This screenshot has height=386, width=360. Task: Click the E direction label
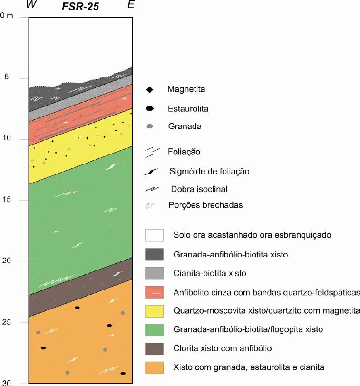(x=131, y=6)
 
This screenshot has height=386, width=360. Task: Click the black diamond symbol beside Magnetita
(x=150, y=89)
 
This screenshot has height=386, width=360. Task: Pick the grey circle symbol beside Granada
(x=150, y=127)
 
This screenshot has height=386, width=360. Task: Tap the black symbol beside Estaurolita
(x=150, y=108)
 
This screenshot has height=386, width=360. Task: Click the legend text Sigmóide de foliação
(x=209, y=171)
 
